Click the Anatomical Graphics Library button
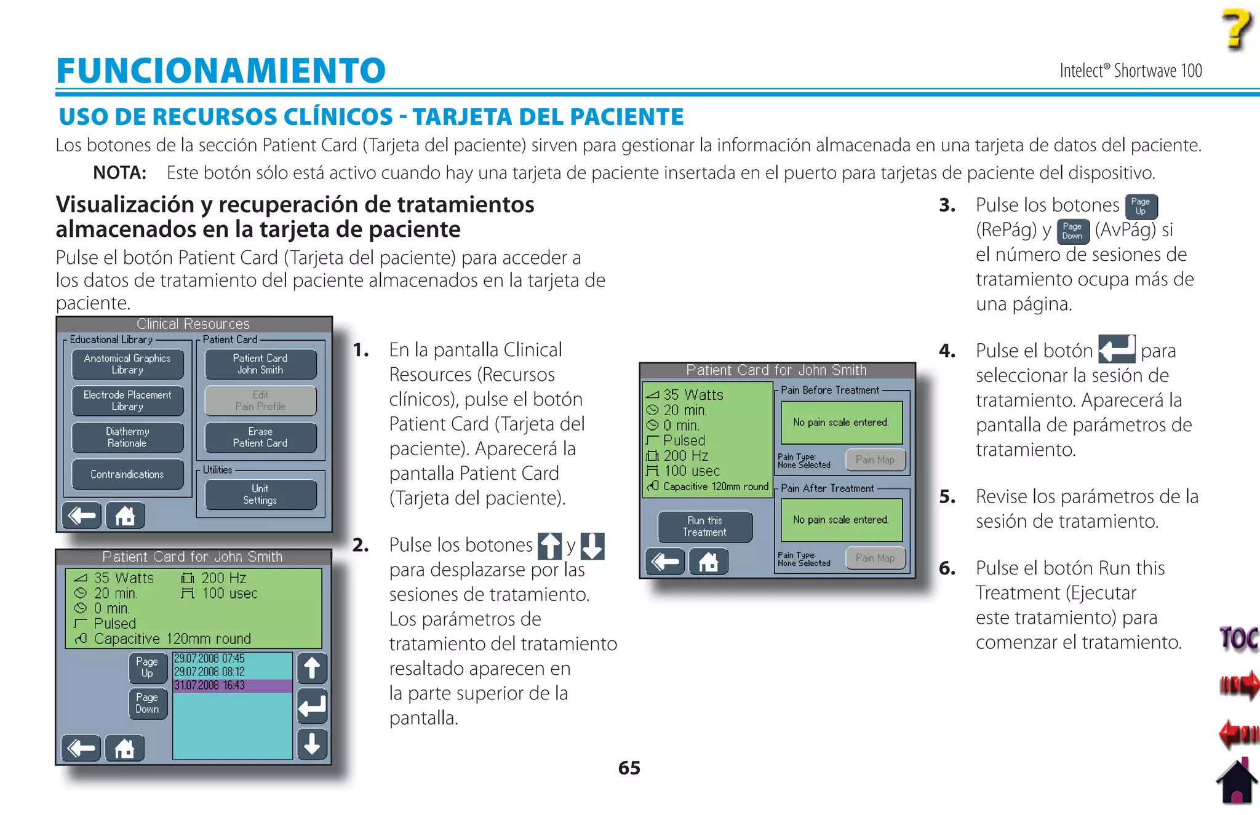127,364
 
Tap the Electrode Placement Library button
127,400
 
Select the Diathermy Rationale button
127,437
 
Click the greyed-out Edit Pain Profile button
260,400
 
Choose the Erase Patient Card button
260,437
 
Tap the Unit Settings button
260,495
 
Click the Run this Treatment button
704,527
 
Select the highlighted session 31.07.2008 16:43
232,685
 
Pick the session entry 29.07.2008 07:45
232,658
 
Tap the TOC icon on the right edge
1238,638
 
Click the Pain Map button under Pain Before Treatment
875,459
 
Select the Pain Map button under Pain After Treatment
875,558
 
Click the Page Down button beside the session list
147,703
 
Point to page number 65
629,768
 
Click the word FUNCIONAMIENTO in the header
220,70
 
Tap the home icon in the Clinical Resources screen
125,515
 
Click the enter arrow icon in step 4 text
1116,349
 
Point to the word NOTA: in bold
119,173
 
